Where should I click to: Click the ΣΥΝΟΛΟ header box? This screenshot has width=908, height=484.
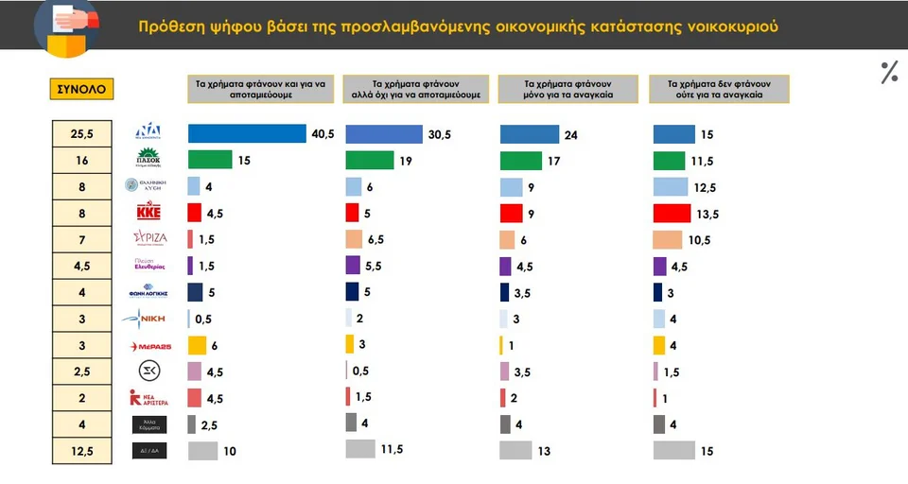tap(81, 90)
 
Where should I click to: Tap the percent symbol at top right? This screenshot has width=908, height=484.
tap(889, 72)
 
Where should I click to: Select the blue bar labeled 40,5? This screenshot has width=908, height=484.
tap(247, 133)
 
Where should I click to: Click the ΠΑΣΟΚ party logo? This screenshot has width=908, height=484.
tap(148, 159)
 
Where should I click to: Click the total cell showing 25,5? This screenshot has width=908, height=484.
tap(81, 133)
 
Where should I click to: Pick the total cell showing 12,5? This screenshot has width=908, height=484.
tap(81, 451)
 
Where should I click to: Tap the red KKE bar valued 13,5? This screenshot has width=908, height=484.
tap(672, 213)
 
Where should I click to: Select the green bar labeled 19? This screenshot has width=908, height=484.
tap(370, 160)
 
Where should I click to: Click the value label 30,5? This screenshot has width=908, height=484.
tap(440, 135)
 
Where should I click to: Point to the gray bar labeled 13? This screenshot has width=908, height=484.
tap(515, 450)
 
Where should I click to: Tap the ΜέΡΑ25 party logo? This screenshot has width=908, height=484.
tap(148, 346)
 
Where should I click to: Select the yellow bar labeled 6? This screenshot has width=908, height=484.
tap(197, 345)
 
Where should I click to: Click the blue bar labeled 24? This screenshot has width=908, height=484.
tap(529, 134)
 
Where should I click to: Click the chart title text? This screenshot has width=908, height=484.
tap(458, 26)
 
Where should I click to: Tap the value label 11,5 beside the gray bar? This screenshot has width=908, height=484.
tap(392, 450)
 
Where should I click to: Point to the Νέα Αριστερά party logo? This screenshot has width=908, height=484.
tap(148, 398)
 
